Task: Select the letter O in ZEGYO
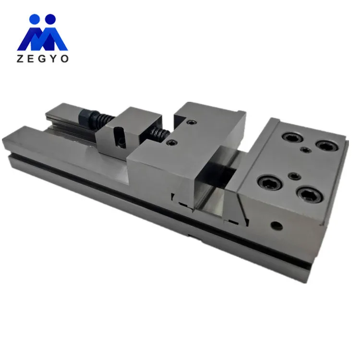tap(65, 59)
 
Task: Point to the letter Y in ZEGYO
tap(54, 59)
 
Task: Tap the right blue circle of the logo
tap(50, 20)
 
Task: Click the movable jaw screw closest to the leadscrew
tap(171, 143)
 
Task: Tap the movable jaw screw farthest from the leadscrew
tap(192, 123)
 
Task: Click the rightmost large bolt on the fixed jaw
tap(325, 144)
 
